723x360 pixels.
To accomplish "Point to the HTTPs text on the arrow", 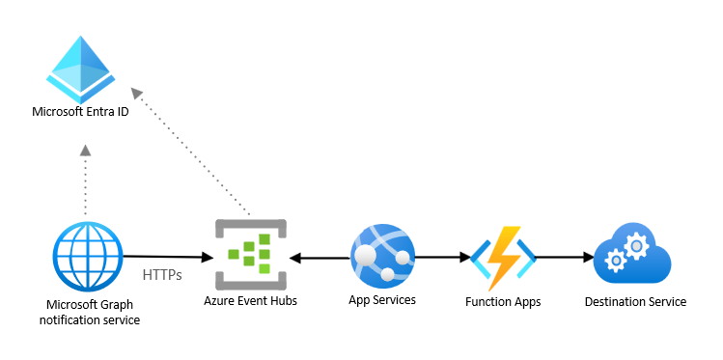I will point(162,275).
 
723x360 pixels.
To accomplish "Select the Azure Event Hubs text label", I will point(250,301).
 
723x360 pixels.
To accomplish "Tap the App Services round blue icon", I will point(381,255).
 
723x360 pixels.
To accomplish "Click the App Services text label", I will point(382,300).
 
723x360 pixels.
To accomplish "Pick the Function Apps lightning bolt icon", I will point(501,258).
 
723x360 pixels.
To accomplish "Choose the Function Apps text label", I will point(502,302).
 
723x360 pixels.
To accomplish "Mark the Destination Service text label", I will point(635,302).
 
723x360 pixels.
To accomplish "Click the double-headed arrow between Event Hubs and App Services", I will point(319,258).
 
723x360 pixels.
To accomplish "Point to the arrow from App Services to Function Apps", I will point(440,258).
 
